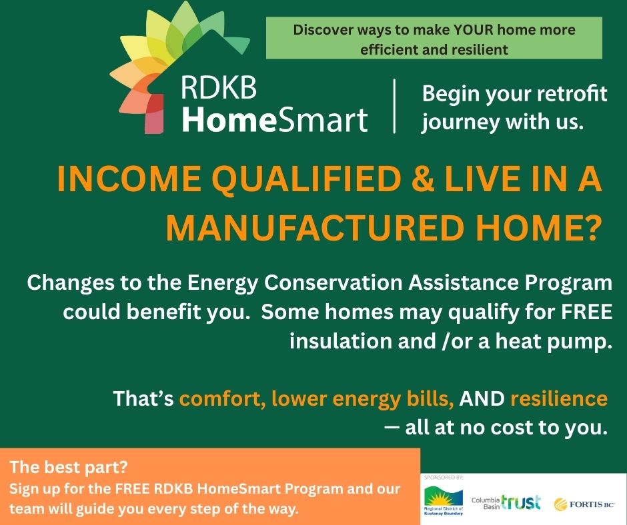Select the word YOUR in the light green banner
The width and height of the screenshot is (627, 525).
coord(474,29)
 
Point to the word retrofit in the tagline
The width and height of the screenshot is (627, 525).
coord(572,93)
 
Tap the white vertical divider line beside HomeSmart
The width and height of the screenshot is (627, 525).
coord(395,106)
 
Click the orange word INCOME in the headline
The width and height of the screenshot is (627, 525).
coord(129,179)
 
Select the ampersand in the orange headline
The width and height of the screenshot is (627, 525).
coord(422,179)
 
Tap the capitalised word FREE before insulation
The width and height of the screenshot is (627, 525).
coord(586,312)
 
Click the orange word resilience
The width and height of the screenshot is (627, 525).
coord(559,398)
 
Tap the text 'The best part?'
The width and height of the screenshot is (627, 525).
coord(69,466)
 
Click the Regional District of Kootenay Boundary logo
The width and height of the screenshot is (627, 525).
coord(444,500)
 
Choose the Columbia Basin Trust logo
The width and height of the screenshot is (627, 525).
coord(506,502)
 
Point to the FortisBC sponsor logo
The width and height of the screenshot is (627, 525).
coord(584,504)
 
